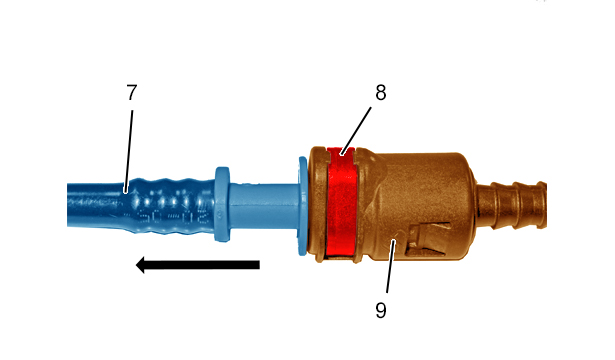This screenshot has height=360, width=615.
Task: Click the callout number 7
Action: click(132, 93)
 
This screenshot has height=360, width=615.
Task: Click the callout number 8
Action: click(380, 93)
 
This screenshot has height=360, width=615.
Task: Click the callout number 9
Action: click(381, 310)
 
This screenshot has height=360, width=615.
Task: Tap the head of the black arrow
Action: click(141, 265)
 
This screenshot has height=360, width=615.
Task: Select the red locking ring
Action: click(341, 201)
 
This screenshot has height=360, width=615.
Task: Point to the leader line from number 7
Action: click(129, 151)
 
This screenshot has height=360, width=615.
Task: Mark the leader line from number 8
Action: click(356, 131)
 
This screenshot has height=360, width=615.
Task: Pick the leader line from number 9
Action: click(391, 266)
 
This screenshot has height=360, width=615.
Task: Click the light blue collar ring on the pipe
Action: click(222, 204)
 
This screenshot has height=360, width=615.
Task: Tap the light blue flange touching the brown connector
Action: click(302, 206)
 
